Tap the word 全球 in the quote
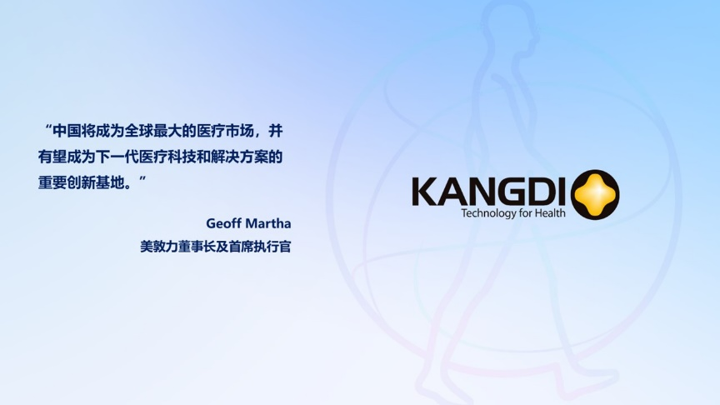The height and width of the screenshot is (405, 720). pos(138,132)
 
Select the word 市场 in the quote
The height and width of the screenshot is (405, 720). pos(239,132)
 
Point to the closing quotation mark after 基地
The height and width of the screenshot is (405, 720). pos(142,178)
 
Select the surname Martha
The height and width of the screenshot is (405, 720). pos(269,223)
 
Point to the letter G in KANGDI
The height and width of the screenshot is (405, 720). pos(507,192)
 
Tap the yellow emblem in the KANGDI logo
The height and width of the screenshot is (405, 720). pos(595,195)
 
